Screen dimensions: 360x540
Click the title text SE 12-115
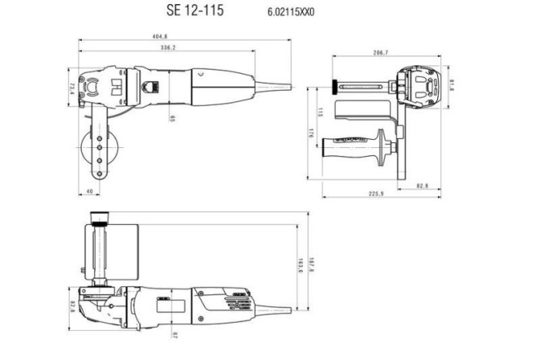pyautogui.click(x=195, y=11)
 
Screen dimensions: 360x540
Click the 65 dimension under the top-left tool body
pyautogui.click(x=172, y=119)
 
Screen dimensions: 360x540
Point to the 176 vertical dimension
pyautogui.click(x=311, y=134)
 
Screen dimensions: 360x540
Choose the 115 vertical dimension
pyautogui.click(x=321, y=111)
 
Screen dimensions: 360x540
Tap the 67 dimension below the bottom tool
pyautogui.click(x=173, y=334)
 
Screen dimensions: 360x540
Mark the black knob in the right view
pyautogui.click(x=332, y=84)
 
